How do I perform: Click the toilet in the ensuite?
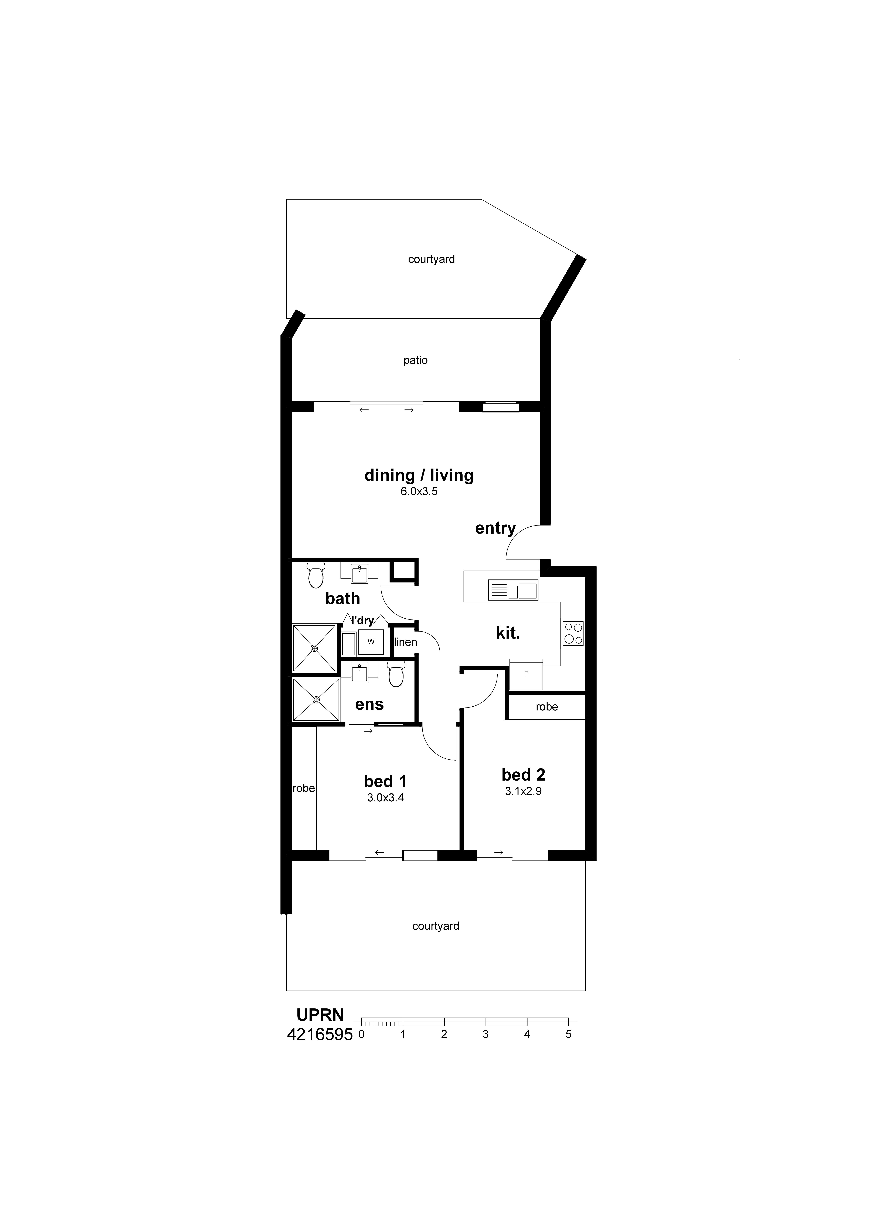(x=396, y=675)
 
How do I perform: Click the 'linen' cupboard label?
(x=406, y=642)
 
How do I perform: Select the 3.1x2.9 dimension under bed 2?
(x=523, y=791)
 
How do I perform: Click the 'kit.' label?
(x=507, y=633)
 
